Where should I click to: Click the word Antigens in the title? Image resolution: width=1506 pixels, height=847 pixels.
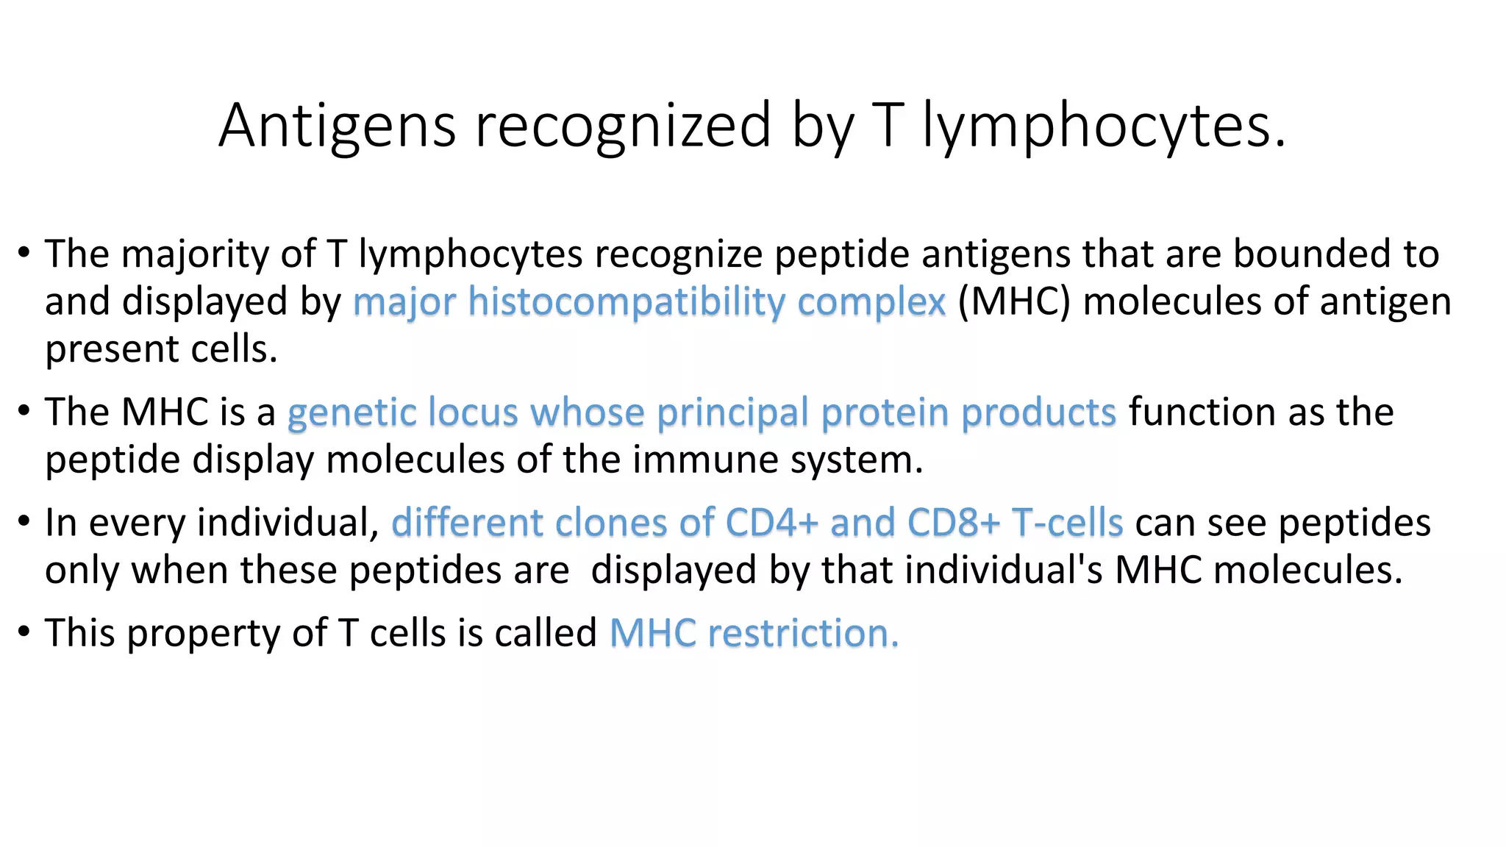click(337, 126)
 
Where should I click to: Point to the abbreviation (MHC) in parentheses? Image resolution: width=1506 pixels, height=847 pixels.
click(1013, 302)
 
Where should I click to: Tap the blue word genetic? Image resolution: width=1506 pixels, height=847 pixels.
click(351, 412)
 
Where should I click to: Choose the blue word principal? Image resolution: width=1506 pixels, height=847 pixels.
click(732, 412)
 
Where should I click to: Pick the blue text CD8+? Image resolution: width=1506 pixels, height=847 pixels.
click(953, 523)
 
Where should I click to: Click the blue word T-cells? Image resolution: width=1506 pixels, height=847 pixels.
click(1067, 523)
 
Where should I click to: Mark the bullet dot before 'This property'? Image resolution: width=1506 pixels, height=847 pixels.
click(24, 632)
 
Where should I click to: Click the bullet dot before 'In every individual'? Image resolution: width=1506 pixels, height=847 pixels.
click(24, 522)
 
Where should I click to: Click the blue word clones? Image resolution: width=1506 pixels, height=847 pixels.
click(610, 523)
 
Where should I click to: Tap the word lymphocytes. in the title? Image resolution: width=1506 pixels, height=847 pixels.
click(1104, 126)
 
